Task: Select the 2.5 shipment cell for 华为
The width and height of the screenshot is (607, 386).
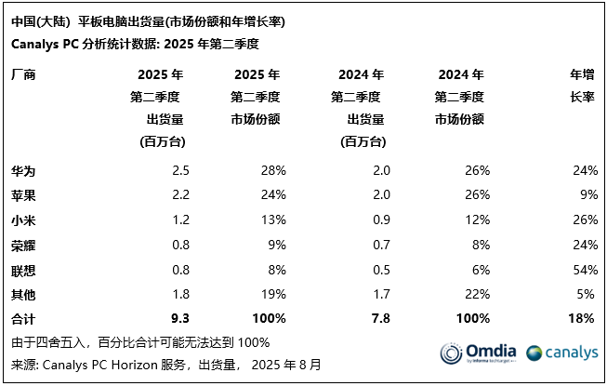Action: click(181, 170)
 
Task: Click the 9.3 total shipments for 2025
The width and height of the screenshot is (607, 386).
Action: click(181, 318)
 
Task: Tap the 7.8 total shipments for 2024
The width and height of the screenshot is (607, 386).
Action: click(380, 318)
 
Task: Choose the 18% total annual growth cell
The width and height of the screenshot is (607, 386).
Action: click(580, 318)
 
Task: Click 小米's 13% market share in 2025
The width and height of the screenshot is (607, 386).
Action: click(272, 220)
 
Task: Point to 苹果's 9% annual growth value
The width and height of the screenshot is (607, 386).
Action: click(585, 195)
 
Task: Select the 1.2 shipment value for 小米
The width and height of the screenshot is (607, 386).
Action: click(181, 220)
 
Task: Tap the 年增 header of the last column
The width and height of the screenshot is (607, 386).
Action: click(581, 74)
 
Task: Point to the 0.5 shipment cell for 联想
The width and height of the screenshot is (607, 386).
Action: click(380, 269)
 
